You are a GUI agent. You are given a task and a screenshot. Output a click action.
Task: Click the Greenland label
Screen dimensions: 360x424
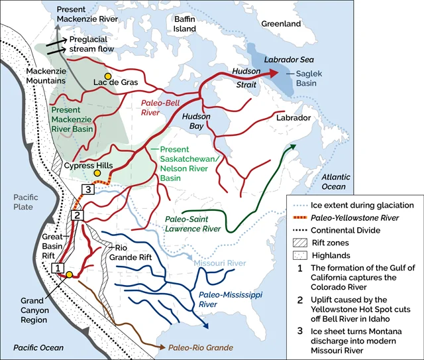point(281,24)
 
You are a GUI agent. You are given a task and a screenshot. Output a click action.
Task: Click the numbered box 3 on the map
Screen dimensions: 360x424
point(87,190)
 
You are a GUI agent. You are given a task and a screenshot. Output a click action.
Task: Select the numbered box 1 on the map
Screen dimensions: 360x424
point(58,268)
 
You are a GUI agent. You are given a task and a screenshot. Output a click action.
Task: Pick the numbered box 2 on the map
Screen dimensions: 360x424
point(77,215)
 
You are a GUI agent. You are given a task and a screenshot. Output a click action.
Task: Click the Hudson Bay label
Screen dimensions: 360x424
point(196,121)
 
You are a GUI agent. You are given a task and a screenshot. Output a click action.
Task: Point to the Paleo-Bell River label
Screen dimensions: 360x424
point(161,107)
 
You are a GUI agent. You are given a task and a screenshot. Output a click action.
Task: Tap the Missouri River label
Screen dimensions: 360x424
point(220,263)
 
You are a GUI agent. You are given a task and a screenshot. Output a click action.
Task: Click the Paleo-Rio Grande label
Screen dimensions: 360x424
point(194,347)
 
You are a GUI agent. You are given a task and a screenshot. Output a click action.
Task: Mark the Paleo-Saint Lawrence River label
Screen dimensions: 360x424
point(193,223)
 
